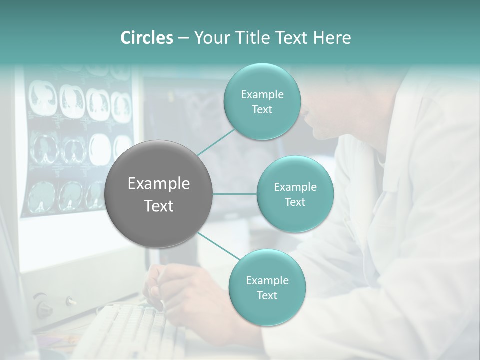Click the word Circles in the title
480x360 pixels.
(x=146, y=38)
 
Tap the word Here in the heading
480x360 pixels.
(x=331, y=38)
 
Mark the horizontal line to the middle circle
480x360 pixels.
(x=235, y=194)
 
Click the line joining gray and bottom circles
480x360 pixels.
(x=218, y=246)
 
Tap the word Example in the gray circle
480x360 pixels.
(x=158, y=184)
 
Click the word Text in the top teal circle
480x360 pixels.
(x=262, y=110)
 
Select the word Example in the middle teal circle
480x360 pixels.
(x=295, y=187)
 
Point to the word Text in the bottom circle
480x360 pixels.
(x=267, y=295)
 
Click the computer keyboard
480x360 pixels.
(x=125, y=330)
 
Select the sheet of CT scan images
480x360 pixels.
(x=80, y=145)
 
